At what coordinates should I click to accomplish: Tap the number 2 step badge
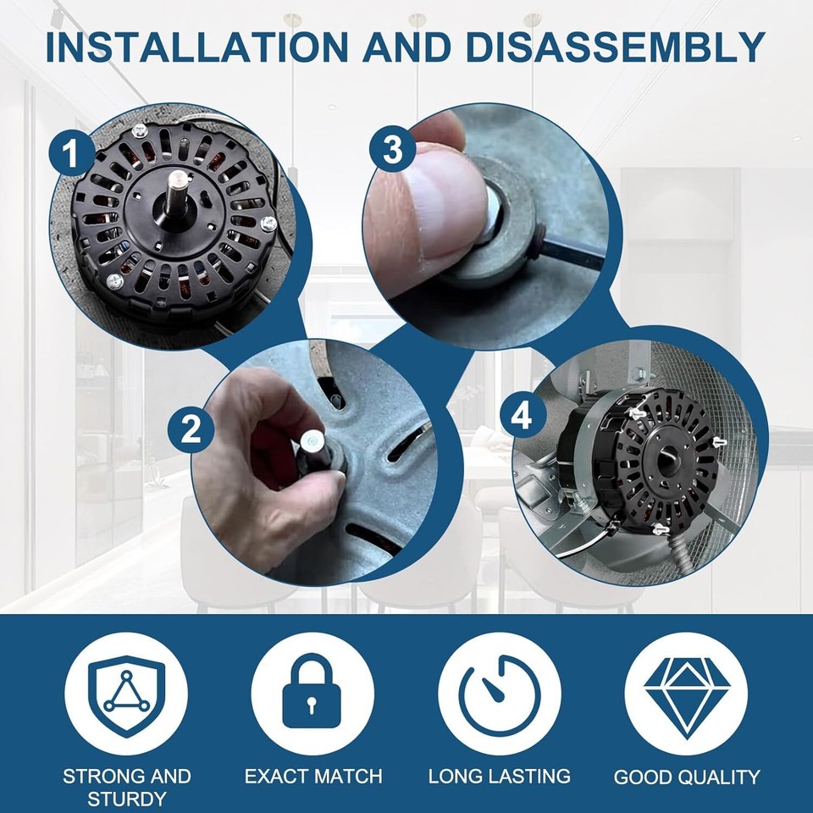pos(191,431)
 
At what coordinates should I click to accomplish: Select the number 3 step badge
pos(392,151)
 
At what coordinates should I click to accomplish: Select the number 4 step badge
pos(523,415)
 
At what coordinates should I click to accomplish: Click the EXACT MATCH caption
pos(313,776)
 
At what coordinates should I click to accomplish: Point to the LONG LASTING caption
pos(499,776)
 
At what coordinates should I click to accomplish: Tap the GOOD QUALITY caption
pos(686,777)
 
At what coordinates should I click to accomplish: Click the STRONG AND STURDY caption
pos(126,786)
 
